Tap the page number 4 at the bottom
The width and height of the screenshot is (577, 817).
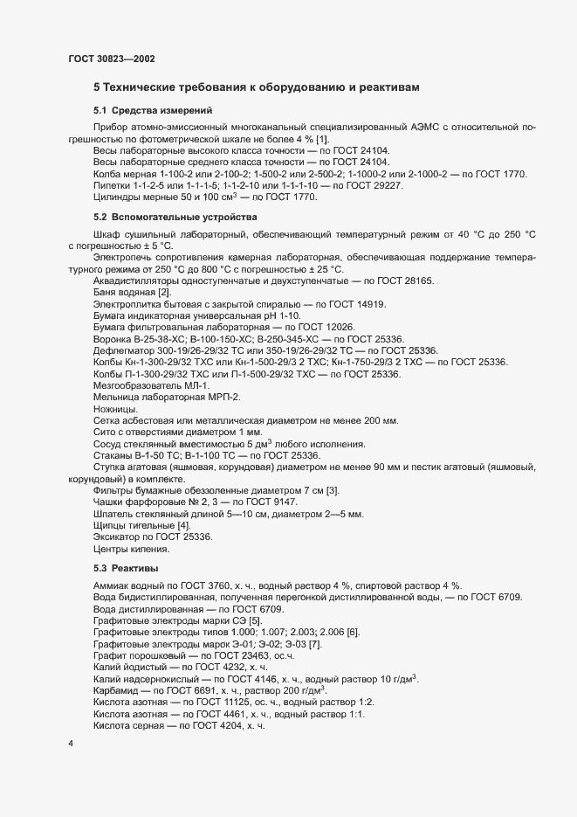pyautogui.click(x=71, y=744)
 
